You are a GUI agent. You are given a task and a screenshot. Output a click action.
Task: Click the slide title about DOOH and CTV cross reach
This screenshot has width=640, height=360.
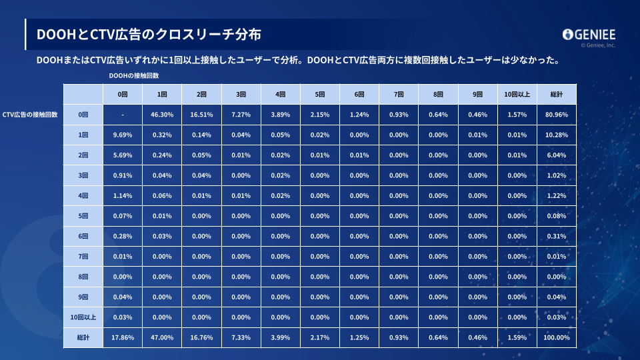point(149,33)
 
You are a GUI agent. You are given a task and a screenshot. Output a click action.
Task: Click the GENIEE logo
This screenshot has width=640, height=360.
point(589,35)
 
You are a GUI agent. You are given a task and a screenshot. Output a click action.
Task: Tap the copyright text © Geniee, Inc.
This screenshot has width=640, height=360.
point(598,46)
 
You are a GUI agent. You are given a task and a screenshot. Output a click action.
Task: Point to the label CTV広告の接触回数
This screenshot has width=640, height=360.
point(31,115)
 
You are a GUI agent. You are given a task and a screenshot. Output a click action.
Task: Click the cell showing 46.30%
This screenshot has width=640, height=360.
point(162,115)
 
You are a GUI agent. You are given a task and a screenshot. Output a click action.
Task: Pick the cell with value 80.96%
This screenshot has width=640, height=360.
point(557,115)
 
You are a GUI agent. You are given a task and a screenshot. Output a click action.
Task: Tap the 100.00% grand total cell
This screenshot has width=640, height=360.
point(557,337)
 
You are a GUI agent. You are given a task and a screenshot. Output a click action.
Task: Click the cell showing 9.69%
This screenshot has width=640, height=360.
point(122,135)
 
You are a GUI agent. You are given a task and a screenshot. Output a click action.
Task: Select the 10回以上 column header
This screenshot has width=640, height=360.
point(517,95)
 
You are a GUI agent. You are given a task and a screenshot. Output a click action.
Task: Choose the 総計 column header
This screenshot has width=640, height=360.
point(557,95)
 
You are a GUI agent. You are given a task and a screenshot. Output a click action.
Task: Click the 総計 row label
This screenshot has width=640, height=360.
point(83,337)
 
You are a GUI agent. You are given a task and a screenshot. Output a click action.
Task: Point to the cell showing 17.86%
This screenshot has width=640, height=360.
point(122,337)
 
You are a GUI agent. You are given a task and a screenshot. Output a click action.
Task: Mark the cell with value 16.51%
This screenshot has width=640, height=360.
point(201,115)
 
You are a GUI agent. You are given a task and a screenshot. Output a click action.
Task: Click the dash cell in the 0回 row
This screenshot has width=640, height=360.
point(122,115)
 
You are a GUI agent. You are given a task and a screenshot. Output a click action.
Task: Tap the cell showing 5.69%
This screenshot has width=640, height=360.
point(122,155)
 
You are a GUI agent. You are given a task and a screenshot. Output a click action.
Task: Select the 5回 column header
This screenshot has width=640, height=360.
point(320,95)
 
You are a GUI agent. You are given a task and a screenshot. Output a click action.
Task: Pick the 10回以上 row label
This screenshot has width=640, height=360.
point(83,317)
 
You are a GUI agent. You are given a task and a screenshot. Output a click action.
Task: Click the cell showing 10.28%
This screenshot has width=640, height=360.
point(557,135)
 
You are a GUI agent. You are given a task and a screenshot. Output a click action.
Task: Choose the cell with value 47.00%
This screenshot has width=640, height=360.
point(162,337)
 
